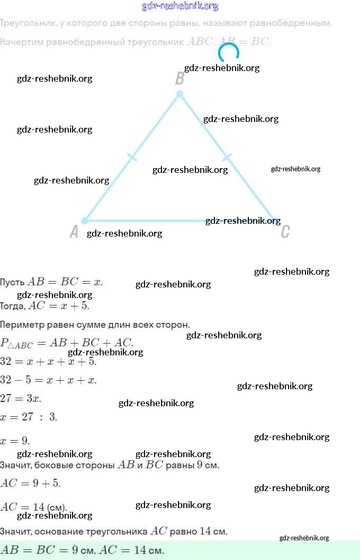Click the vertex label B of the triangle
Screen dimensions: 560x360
click(179, 78)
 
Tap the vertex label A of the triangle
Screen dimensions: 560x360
click(74, 232)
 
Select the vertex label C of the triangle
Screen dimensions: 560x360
click(285, 232)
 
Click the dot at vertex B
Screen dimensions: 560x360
click(179, 94)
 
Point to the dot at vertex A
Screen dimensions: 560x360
click(85, 221)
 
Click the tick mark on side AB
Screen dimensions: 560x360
click(132, 157)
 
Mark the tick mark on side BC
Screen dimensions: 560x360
click(227, 157)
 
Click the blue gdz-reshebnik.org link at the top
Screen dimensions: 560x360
click(180, 6)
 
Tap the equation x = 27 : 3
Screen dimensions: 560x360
click(29, 417)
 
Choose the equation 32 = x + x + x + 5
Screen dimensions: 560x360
click(48, 362)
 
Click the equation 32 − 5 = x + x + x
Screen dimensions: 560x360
click(48, 380)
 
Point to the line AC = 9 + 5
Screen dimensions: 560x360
click(30, 483)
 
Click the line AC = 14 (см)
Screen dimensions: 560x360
click(33, 507)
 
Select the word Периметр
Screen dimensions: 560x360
click(21, 325)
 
